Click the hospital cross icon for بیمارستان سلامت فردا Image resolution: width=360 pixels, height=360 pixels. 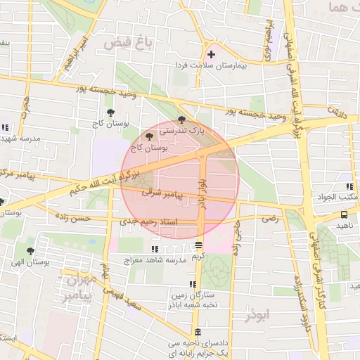click(x=211, y=54)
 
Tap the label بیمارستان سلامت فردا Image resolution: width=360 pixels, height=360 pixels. click(x=221, y=65)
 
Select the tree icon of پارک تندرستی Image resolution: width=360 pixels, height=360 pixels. click(x=182, y=120)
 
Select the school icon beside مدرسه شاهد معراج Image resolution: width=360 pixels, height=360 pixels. click(x=155, y=249)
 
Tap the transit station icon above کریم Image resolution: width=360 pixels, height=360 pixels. click(x=199, y=245)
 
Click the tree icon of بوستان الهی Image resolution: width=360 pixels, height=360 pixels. click(x=30, y=250)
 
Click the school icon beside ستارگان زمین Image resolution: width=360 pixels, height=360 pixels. click(x=173, y=285)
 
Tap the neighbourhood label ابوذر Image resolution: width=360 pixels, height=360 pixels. click(x=258, y=314)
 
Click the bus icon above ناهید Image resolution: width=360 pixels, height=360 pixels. click(x=344, y=215)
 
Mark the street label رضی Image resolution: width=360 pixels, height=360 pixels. click(x=270, y=219)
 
